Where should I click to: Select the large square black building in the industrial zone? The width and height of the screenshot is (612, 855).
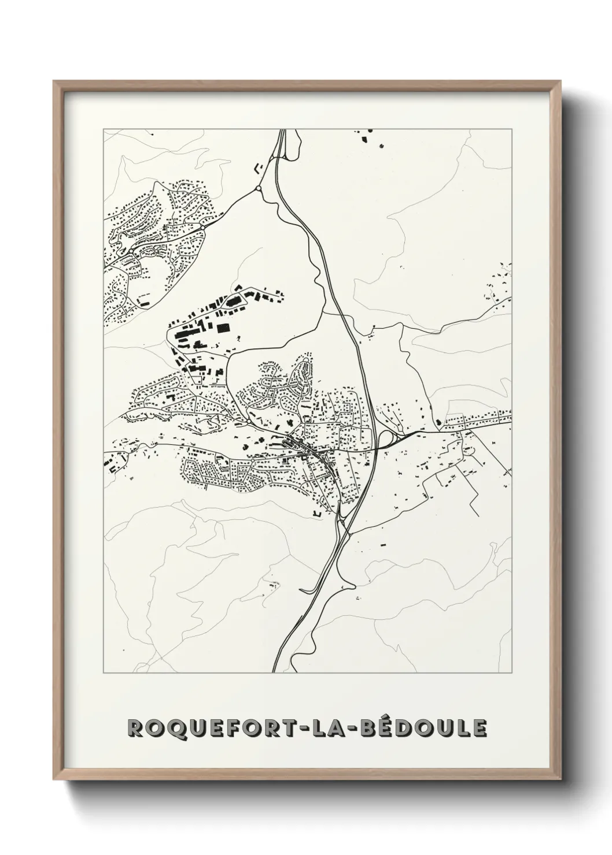click(x=223, y=328)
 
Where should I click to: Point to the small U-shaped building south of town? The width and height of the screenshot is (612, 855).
click(x=316, y=512)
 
